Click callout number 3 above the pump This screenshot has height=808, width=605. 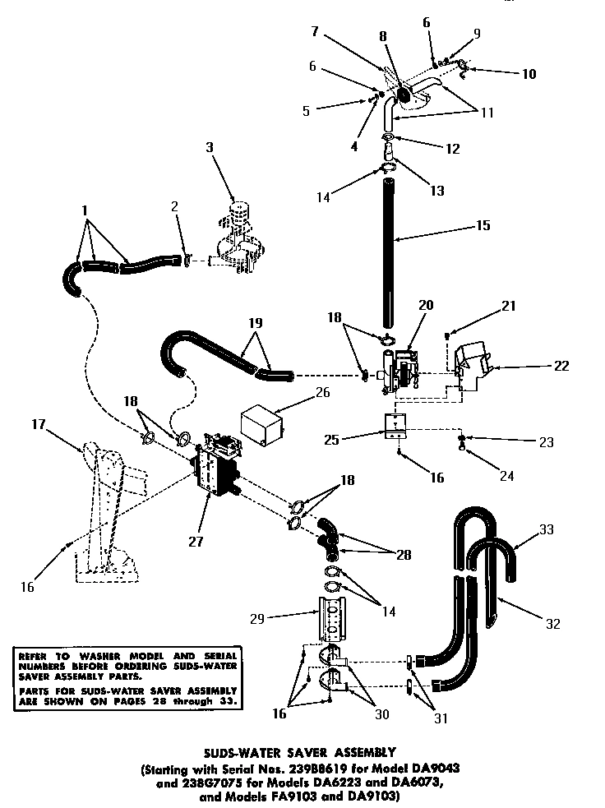pos(210,148)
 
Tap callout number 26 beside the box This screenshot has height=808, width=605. pos(322,392)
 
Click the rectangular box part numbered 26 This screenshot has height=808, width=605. pos(261,427)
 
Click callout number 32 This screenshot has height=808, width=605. pos(553,624)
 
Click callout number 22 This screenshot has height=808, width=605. pos(561,366)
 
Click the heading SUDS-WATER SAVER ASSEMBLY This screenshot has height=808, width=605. pos(302,751)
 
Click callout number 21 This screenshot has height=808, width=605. pos(510,306)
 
